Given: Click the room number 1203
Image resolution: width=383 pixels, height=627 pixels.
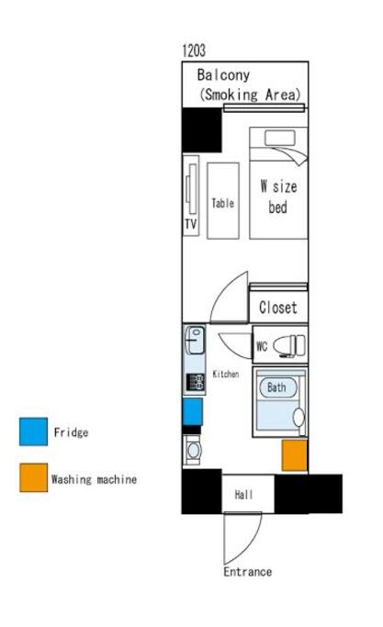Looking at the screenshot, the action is (x=194, y=50).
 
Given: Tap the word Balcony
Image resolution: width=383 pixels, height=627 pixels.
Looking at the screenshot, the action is (x=223, y=74).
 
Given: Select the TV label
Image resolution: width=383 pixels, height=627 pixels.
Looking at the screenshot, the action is (x=190, y=224).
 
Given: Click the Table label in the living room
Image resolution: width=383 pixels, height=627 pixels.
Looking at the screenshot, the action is (x=223, y=203).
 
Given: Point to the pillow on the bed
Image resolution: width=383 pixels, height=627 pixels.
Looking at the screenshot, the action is (x=280, y=138).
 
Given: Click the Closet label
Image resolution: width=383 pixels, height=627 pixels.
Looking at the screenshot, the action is (x=278, y=308).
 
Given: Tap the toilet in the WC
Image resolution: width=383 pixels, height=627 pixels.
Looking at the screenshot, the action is (x=289, y=345).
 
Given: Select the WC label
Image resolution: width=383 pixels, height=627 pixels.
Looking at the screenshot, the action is (x=262, y=346).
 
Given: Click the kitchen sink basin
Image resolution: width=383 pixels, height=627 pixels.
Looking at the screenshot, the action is (x=195, y=341).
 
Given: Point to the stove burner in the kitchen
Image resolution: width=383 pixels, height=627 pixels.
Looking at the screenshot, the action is (x=196, y=382).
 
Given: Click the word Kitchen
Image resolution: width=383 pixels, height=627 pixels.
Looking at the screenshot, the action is (x=226, y=375).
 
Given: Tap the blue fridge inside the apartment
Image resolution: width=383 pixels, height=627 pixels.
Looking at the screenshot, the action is (x=193, y=411).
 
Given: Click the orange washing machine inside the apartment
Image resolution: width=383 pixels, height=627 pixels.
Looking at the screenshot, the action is (x=295, y=455).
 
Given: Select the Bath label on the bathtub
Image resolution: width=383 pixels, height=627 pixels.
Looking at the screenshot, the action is (x=276, y=387).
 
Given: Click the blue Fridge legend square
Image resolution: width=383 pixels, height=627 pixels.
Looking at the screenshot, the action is (x=34, y=431).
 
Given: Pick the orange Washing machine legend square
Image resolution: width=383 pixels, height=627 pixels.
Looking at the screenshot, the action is (x=34, y=477).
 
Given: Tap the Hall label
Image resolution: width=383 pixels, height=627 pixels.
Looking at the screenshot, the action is (x=243, y=495).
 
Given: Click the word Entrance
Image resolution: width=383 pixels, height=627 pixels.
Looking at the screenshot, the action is (x=248, y=572).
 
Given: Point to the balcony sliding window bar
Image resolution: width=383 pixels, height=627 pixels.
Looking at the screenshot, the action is (x=265, y=107).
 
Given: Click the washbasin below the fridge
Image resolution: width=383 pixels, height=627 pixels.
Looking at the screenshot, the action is (x=194, y=451).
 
